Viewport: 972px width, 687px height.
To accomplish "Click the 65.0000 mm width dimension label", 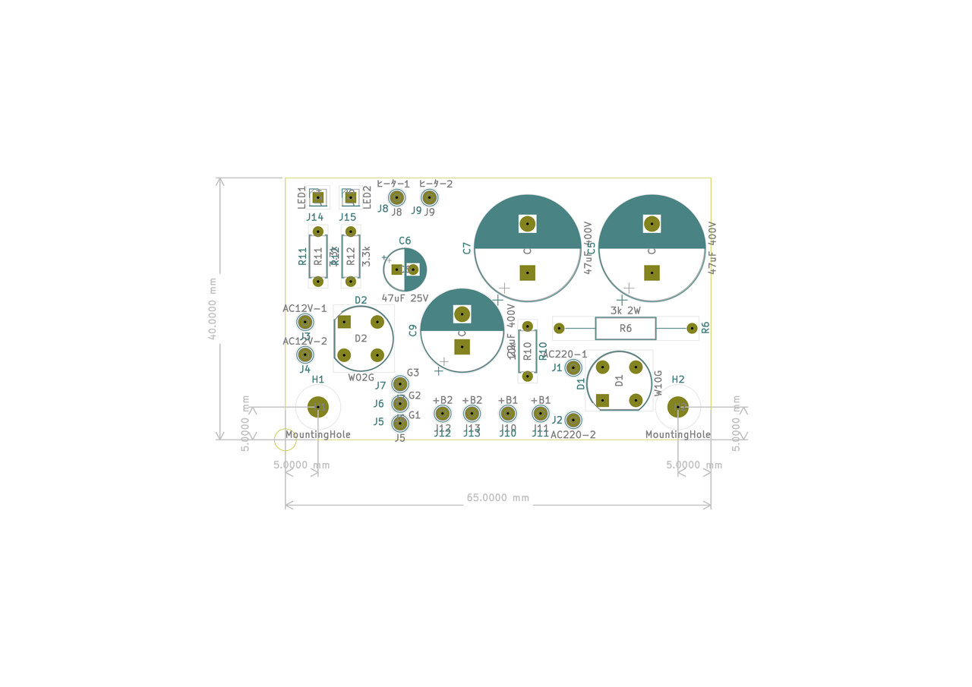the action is click(x=497, y=498).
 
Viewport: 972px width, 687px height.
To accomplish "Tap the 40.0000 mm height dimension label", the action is click(x=213, y=308).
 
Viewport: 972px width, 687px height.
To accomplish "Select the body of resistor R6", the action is click(x=625, y=329).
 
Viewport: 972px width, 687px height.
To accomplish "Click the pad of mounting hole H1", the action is click(x=317, y=408).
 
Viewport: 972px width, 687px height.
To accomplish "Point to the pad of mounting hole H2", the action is click(x=677, y=408).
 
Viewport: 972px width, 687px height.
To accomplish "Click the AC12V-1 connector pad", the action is click(x=305, y=322).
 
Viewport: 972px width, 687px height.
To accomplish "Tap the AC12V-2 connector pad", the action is click(x=305, y=355).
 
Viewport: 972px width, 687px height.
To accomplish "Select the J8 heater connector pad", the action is click(x=396, y=197).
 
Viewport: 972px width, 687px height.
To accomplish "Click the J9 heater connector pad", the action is click(x=429, y=197).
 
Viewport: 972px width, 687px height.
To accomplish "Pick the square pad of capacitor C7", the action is click(x=527, y=273).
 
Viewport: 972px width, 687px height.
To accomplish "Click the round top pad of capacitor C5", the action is click(x=652, y=224).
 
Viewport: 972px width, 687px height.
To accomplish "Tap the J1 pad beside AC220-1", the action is click(x=573, y=368).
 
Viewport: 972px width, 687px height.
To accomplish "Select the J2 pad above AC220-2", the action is click(x=573, y=419).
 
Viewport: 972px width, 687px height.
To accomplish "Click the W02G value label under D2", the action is click(x=361, y=377).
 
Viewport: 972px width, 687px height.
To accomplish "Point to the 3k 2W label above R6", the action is click(x=626, y=310).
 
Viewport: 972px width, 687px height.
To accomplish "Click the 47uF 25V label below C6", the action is click(x=405, y=298).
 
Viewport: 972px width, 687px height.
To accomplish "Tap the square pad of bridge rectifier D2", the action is click(x=344, y=322).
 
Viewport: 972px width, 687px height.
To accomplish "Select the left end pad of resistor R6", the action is click(x=559, y=329).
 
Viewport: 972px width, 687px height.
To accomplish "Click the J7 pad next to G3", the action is click(x=399, y=385).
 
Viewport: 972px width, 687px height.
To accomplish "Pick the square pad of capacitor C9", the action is click(x=462, y=347).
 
